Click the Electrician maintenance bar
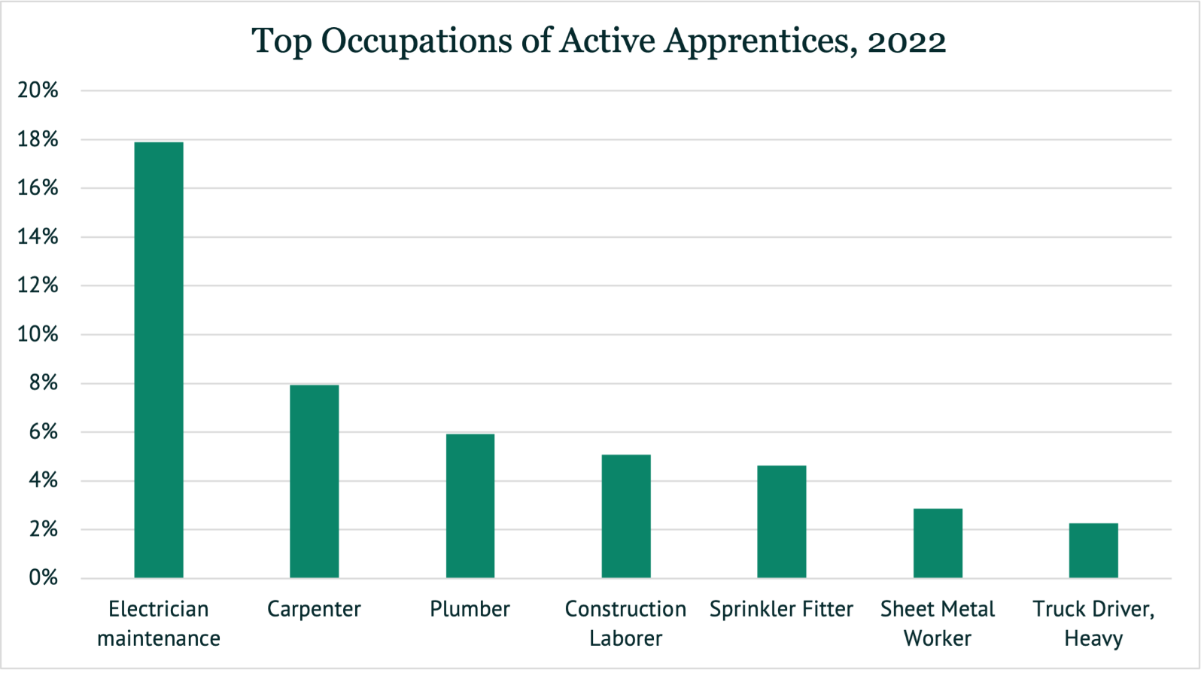point(159,360)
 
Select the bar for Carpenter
point(315,482)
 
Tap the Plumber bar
point(470,506)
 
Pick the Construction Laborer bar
point(626,516)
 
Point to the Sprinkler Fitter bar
point(782,522)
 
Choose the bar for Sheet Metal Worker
point(938,544)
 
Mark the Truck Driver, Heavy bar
point(1093,550)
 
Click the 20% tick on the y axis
point(38,90)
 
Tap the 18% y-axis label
point(38,139)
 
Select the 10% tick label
point(38,334)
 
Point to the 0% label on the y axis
point(43,578)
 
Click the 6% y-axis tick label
point(43,432)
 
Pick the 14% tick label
point(38,237)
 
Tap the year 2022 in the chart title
point(907,42)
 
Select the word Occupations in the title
point(416,42)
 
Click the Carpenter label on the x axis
point(314,609)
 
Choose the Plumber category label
point(470,609)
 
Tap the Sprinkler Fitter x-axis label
point(781,609)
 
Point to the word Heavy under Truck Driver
point(1093,638)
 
